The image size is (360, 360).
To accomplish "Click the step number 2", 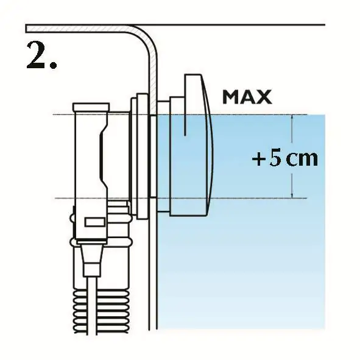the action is [x=37, y=55].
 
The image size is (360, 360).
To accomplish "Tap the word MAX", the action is [x=247, y=97].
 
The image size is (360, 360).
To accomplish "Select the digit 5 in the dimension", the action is [x=275, y=158].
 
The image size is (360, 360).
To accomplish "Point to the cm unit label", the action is [x=302, y=159].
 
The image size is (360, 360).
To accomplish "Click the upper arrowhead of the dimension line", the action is [x=292, y=117].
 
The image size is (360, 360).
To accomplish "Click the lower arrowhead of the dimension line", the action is [x=292, y=196].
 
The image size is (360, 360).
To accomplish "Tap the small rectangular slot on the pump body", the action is [x=95, y=222].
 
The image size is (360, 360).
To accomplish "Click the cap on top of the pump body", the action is [x=91, y=107].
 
